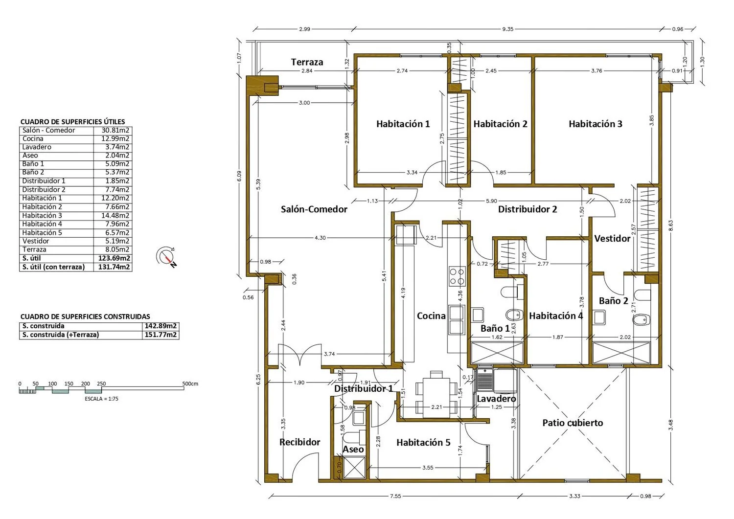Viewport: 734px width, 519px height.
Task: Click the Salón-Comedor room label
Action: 314,209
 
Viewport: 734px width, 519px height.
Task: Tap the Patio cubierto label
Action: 573,423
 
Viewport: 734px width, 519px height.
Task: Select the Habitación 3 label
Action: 596,124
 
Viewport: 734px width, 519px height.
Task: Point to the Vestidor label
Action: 612,239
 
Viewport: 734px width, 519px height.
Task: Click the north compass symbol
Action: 167,257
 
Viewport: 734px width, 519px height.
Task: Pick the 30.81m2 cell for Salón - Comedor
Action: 115,131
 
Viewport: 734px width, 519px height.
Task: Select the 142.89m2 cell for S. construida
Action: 161,326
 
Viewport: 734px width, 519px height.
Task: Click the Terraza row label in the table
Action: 34,249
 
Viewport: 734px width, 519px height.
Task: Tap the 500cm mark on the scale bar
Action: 190,384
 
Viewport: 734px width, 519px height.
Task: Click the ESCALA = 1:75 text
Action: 102,399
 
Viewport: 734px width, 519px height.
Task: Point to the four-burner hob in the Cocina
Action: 457,276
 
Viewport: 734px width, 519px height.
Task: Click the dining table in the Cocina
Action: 436,397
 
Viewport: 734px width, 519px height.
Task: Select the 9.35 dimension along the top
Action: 507,29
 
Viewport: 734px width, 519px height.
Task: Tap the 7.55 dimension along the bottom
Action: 395,496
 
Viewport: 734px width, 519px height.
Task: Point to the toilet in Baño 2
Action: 641,320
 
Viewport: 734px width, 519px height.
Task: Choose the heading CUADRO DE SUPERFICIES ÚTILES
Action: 73,122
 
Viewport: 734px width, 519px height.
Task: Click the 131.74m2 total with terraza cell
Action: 114,267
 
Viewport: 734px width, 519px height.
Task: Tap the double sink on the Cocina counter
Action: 457,320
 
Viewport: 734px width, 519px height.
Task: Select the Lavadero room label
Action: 496,399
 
